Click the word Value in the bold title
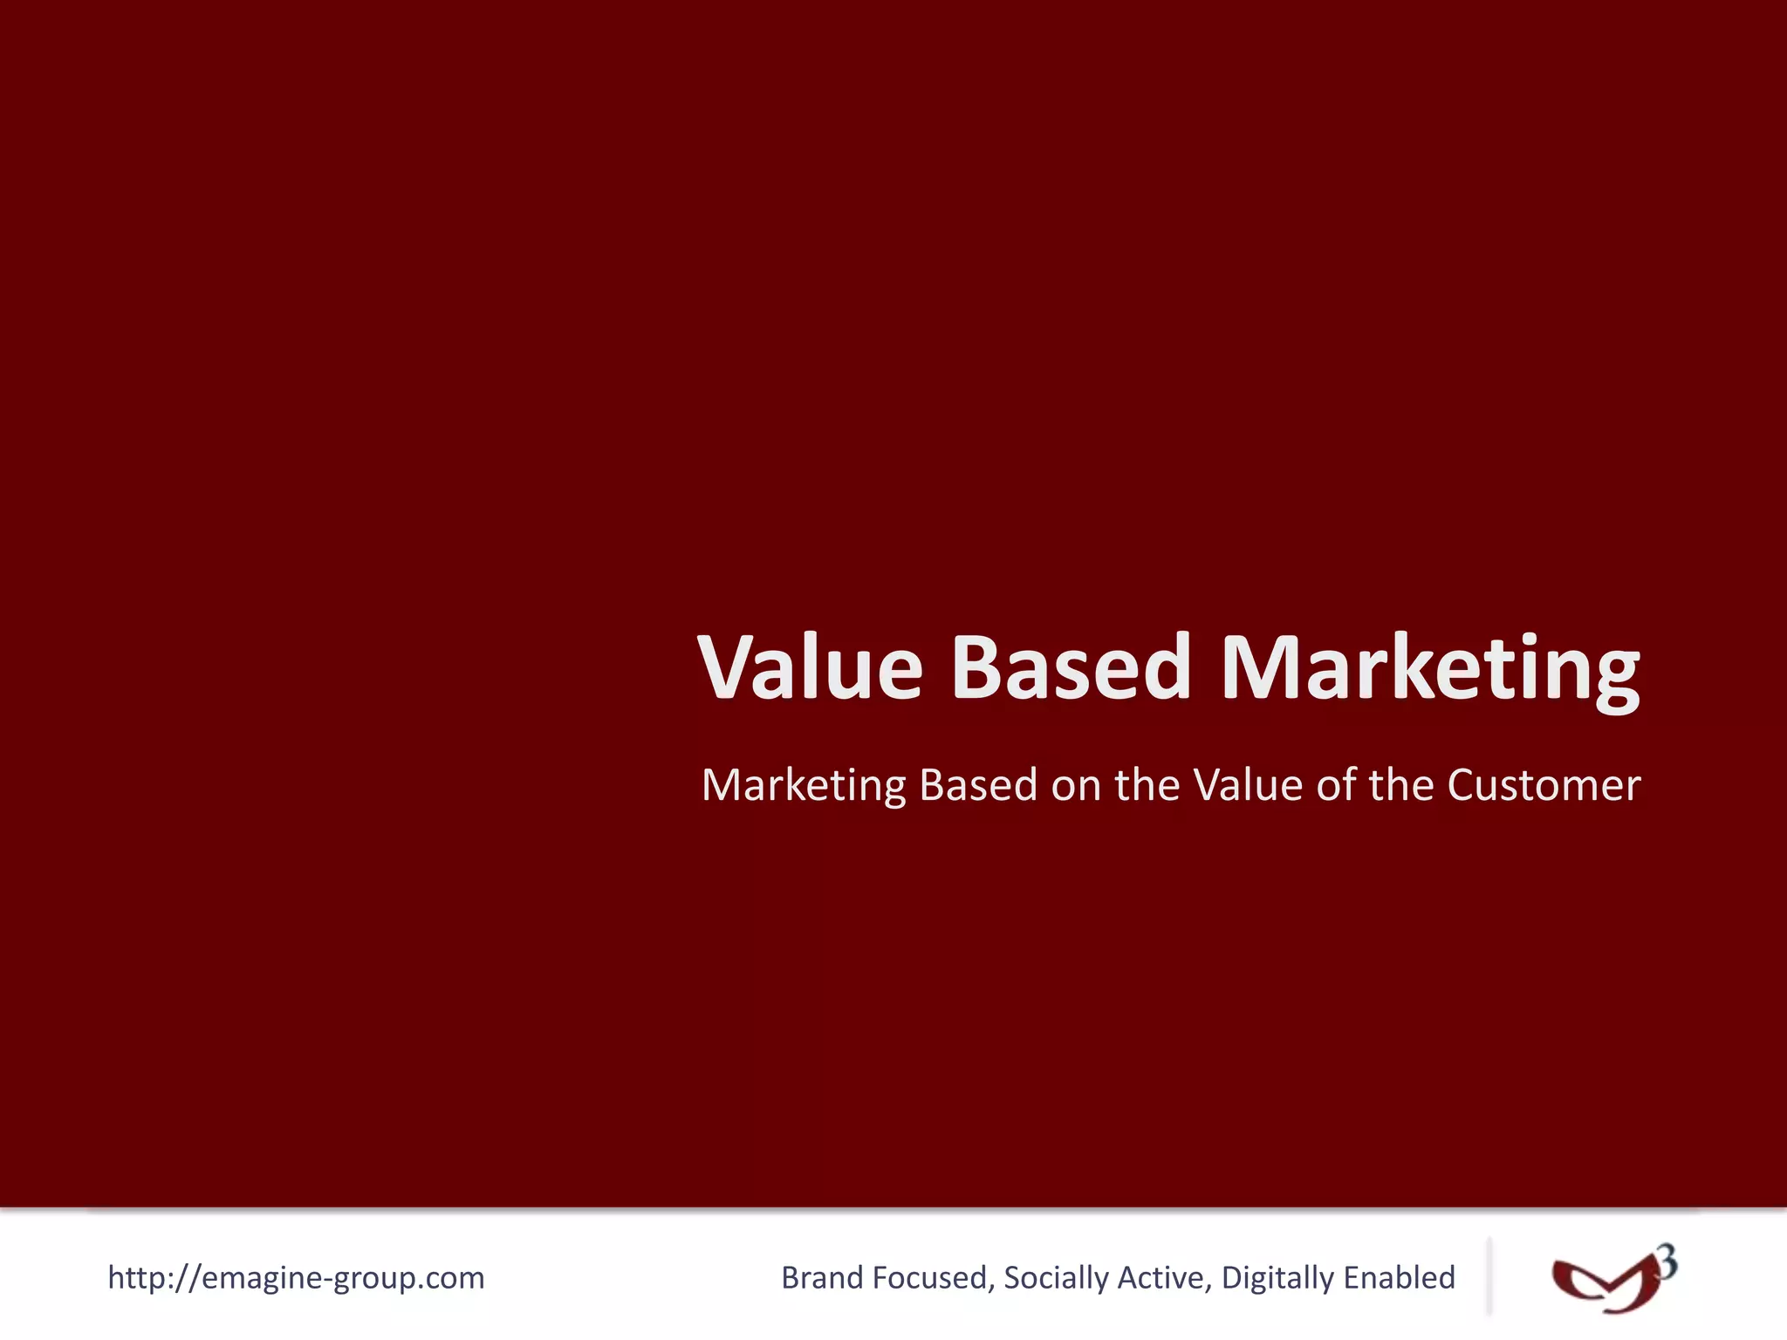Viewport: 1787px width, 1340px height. click(x=810, y=667)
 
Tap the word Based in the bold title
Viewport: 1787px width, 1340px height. click(x=1071, y=667)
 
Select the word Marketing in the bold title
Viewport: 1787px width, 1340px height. click(x=1429, y=668)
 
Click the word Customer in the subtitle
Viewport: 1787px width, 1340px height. click(x=1543, y=785)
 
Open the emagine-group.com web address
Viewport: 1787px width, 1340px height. click(x=296, y=1277)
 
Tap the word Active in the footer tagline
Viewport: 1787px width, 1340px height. click(x=1165, y=1277)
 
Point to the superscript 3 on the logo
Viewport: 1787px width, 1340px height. click(x=1667, y=1262)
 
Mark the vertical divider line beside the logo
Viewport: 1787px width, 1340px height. click(x=1489, y=1275)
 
